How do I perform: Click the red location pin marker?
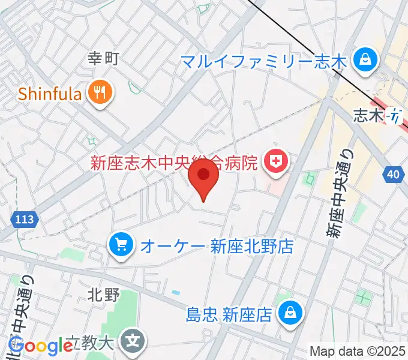[x=203, y=176]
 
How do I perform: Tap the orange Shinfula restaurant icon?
[x=98, y=93]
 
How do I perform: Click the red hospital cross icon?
[x=276, y=161]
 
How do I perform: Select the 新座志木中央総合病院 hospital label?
[x=173, y=162]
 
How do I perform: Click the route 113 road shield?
[x=25, y=221]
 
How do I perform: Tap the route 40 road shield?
[x=392, y=175]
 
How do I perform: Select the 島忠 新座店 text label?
[x=230, y=313]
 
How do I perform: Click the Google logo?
[x=41, y=346]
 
